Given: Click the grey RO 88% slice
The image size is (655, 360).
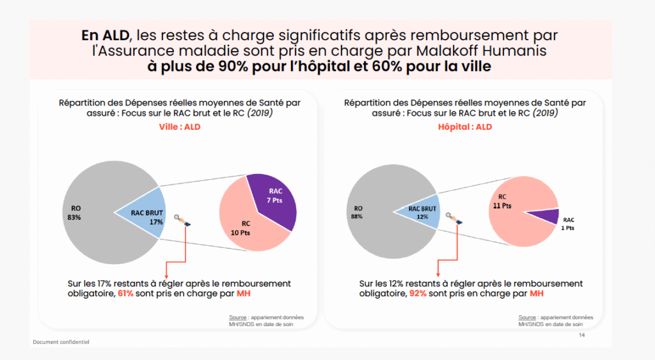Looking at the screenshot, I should [x=374, y=211].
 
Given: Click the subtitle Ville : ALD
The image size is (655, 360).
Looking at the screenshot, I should [x=180, y=127].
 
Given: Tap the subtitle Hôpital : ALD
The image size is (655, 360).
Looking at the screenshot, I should [x=464, y=127].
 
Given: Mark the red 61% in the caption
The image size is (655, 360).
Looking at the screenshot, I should [x=125, y=293].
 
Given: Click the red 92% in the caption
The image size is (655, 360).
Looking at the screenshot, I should [x=418, y=293].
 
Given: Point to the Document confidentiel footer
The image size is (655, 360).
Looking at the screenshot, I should [x=61, y=341].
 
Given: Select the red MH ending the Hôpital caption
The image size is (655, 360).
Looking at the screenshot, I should [x=537, y=293].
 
